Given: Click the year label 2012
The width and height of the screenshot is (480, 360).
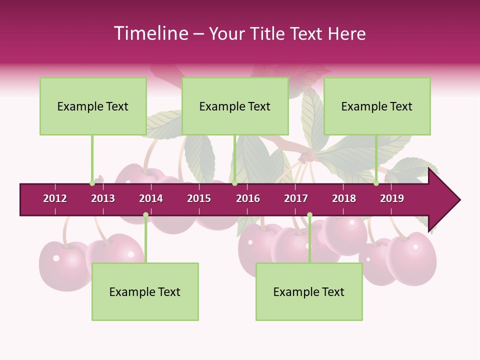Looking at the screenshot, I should click(x=55, y=198).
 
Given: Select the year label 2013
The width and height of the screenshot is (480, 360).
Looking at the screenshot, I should click(x=103, y=198).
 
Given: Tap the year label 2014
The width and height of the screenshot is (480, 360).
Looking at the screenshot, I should click(x=151, y=198).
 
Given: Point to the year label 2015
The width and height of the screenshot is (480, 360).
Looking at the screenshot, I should click(x=199, y=198).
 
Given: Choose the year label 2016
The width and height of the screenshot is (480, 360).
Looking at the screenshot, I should click(x=248, y=198).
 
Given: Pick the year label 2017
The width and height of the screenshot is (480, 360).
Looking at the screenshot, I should click(x=296, y=198).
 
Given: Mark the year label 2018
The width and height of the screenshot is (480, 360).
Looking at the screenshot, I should click(x=344, y=198).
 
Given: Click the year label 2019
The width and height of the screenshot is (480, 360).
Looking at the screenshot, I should click(x=392, y=198).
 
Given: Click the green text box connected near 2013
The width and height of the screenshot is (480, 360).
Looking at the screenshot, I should click(x=93, y=106).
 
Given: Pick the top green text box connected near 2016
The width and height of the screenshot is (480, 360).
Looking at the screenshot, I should click(x=235, y=106).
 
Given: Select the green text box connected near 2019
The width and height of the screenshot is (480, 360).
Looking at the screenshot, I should click(x=377, y=106).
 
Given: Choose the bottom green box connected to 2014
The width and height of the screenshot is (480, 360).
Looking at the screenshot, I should click(x=145, y=291).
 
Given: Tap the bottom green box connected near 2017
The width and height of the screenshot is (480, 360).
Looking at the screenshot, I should click(x=309, y=291).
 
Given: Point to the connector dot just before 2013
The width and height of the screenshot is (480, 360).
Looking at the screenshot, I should click(x=92, y=183).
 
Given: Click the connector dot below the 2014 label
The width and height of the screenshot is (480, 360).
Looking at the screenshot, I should click(x=145, y=215).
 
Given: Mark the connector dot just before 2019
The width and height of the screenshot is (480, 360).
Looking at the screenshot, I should click(x=376, y=183).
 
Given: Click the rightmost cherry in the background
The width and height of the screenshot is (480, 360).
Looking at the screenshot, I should click(x=412, y=258).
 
